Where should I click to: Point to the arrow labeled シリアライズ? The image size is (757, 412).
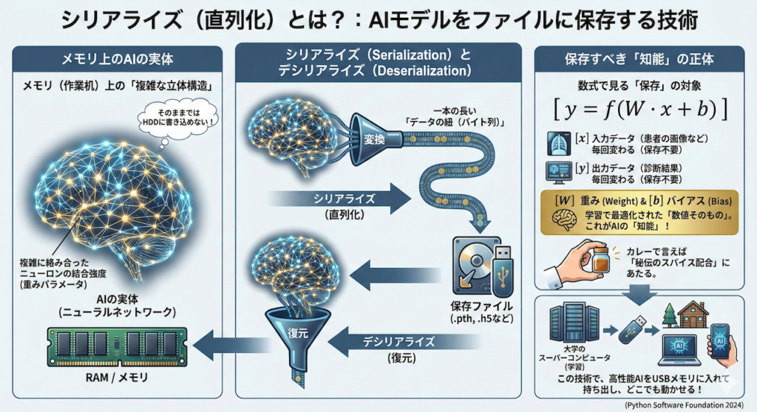pos(340,198)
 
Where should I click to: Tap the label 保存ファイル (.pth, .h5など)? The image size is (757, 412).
pos(481,312)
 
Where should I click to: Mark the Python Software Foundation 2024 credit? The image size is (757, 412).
pos(686,405)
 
